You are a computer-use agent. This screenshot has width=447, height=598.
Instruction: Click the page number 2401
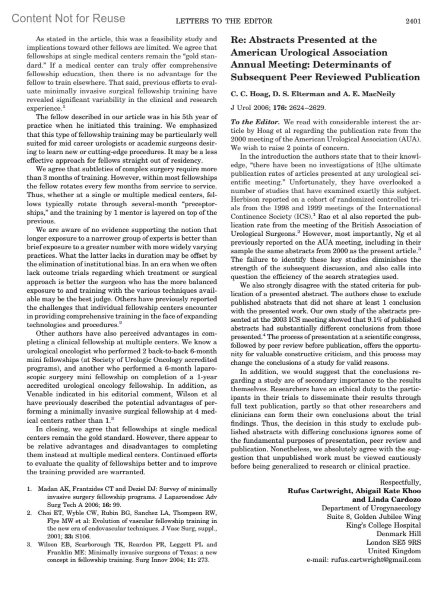413,21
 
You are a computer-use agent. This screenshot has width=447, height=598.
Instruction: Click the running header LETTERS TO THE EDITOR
223,21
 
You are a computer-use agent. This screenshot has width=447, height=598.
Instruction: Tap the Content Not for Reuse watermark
69,18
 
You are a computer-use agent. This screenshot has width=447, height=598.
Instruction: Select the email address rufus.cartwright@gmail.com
376,560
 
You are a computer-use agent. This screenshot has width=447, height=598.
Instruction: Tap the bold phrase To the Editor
255,122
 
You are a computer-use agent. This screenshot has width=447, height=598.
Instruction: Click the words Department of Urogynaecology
371,508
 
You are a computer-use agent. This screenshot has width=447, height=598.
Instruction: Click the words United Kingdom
394,551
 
